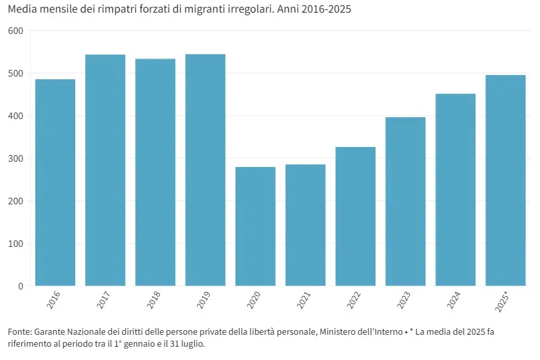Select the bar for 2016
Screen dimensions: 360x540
(x=55, y=182)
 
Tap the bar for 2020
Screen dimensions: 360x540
(x=255, y=226)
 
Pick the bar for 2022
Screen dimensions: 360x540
(x=356, y=216)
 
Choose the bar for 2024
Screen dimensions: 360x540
(x=455, y=190)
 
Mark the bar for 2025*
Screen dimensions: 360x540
(x=505, y=180)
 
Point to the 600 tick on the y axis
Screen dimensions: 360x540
(x=15, y=31)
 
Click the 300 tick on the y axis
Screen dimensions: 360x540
(x=15, y=158)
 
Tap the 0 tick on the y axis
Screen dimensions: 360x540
(x=20, y=286)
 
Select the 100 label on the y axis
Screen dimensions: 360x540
(x=15, y=244)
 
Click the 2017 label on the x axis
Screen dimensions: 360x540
(x=104, y=299)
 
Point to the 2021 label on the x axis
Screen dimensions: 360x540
(x=304, y=299)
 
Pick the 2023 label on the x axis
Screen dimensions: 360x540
(x=404, y=299)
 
